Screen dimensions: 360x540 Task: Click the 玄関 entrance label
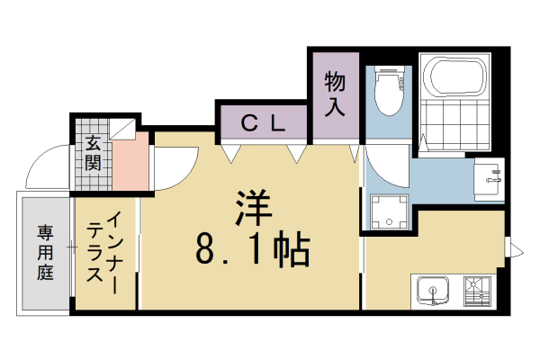point(94,152)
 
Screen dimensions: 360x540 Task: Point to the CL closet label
point(264,123)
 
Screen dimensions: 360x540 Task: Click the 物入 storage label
point(335,94)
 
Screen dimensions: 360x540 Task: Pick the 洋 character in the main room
point(255,209)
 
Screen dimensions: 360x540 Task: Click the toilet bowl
point(390,94)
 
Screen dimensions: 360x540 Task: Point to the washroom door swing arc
point(385,166)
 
